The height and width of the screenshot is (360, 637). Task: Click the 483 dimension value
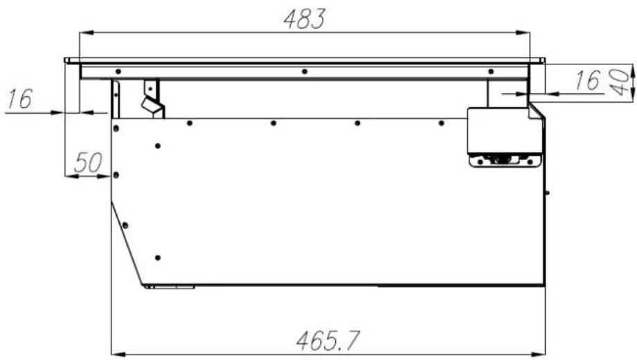click(305, 19)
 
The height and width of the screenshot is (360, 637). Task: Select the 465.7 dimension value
click(328, 341)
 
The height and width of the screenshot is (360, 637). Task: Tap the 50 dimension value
click(88, 162)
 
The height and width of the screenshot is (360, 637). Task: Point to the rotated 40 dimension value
click(620, 82)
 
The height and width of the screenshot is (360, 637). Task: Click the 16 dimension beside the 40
click(587, 80)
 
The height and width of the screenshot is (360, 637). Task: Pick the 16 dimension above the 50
click(19, 99)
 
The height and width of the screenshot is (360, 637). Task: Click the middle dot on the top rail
click(305, 72)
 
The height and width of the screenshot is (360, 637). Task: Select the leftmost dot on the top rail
click(118, 72)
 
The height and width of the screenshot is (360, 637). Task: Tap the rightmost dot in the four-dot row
click(441, 123)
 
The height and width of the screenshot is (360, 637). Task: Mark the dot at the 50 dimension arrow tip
click(116, 175)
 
